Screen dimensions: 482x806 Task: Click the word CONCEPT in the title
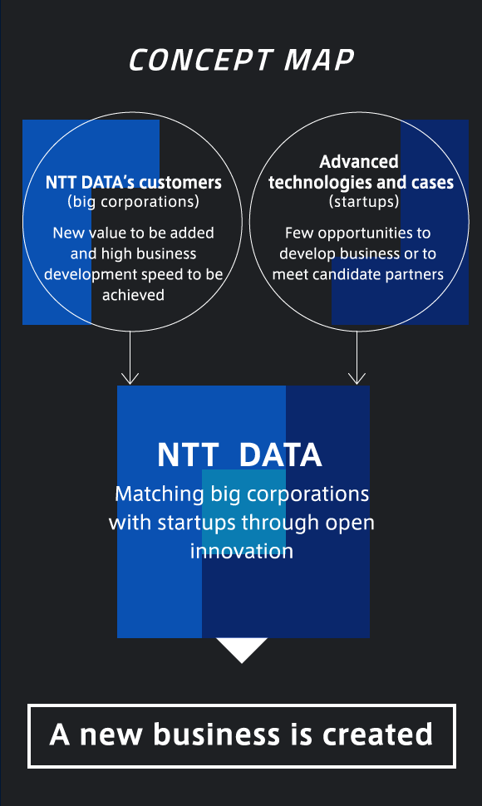[x=200, y=60]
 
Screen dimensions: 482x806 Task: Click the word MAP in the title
[x=319, y=60]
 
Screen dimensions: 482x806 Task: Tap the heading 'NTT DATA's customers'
[x=134, y=183]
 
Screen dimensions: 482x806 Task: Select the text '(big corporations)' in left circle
[x=133, y=201]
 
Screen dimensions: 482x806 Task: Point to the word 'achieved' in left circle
[x=133, y=294]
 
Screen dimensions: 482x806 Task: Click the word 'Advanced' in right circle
[x=359, y=162]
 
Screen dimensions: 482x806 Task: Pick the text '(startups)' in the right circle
[x=364, y=201]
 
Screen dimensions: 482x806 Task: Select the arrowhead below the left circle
[x=130, y=378]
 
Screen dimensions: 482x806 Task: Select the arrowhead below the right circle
[x=357, y=378]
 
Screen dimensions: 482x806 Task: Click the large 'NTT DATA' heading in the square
[x=239, y=455]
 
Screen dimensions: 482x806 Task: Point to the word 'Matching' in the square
[x=160, y=494]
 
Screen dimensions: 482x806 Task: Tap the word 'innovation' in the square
[x=242, y=551]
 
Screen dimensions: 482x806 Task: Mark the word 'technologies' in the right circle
[x=320, y=183]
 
